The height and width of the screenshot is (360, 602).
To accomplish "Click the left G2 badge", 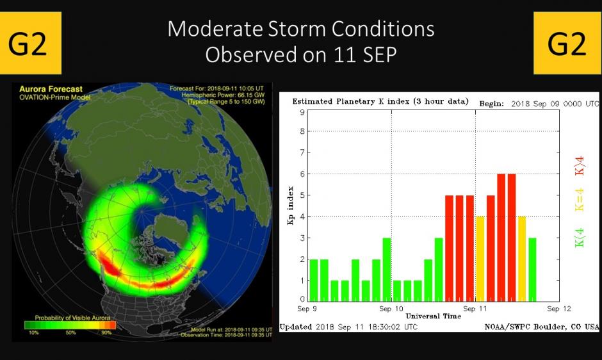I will tap(30, 43).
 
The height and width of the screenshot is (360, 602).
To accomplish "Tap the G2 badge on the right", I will tap(567, 43).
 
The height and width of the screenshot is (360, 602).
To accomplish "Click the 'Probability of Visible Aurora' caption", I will tap(68, 318).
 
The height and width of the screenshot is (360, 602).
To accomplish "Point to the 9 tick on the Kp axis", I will tap(302, 112).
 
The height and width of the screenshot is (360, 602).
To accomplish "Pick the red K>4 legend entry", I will tap(580, 165).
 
